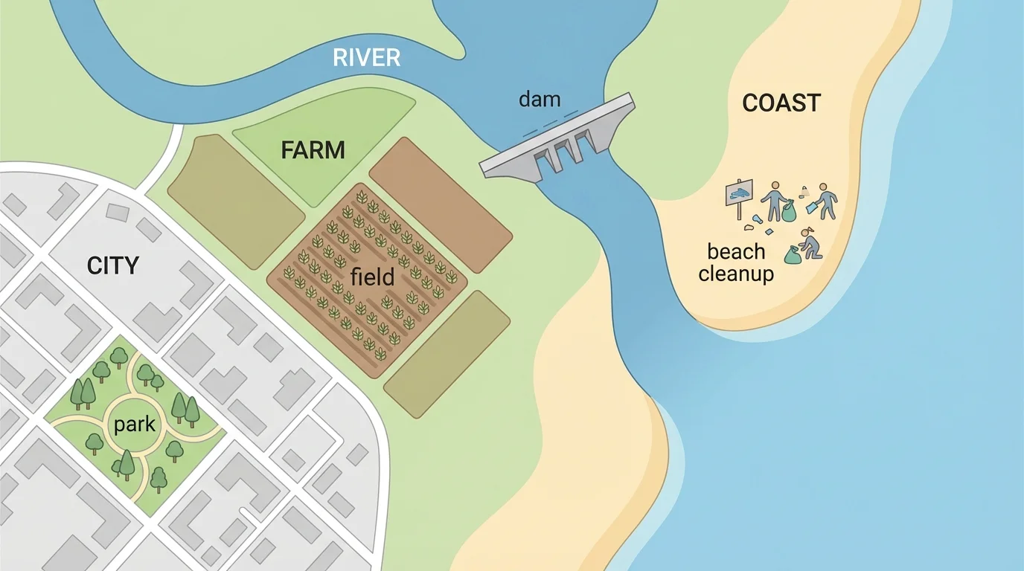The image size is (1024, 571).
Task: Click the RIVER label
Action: pos(366,57)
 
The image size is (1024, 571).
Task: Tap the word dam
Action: pos(539,99)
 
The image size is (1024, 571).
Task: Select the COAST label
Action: pos(781,103)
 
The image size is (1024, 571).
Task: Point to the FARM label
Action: pos(313,151)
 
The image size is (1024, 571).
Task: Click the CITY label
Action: pos(113,265)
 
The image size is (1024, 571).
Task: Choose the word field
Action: pos(372,277)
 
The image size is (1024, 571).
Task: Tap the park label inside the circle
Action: pos(135,425)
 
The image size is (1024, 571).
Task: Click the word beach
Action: pos(736,251)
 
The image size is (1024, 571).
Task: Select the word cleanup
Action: pos(736,274)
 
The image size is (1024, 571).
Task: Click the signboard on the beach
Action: pos(741,196)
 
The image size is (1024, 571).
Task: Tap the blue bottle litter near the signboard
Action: pos(757,219)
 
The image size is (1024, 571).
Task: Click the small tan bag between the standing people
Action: pos(804,192)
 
